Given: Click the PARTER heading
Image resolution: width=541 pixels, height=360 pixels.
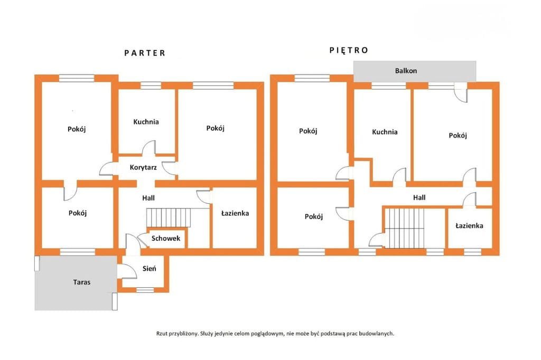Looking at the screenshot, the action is coord(145,53).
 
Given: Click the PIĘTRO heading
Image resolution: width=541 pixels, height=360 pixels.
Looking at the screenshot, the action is coord(349,50).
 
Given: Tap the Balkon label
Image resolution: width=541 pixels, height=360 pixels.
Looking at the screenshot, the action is coord(406,71).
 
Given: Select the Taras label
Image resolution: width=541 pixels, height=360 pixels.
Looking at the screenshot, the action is coord(82,282).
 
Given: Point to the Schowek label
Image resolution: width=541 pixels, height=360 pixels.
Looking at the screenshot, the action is coord(165,238).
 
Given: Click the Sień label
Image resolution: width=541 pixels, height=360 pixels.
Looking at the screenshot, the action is coord(149,268).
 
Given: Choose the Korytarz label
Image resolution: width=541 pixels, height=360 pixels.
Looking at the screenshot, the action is coord(143,167).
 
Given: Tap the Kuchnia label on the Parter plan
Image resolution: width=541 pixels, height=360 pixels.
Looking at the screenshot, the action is coord(146,122).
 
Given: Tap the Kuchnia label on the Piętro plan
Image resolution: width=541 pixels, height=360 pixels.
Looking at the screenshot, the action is coord(385,132).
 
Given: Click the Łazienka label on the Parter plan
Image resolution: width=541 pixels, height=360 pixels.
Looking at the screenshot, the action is coord(235,213).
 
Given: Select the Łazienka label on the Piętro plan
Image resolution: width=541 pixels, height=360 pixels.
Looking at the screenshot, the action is coord(469,225).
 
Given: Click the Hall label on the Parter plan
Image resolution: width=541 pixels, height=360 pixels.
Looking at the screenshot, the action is coord(148,198).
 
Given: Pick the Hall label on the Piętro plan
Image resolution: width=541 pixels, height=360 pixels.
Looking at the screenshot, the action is coord(419,197).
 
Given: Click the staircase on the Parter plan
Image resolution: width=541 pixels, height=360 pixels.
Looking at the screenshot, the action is coord(169,217).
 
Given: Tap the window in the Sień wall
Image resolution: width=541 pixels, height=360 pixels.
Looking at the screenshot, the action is coord(145,290).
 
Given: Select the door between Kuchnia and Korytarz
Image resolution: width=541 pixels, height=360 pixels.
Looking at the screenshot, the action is coord(148,148).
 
